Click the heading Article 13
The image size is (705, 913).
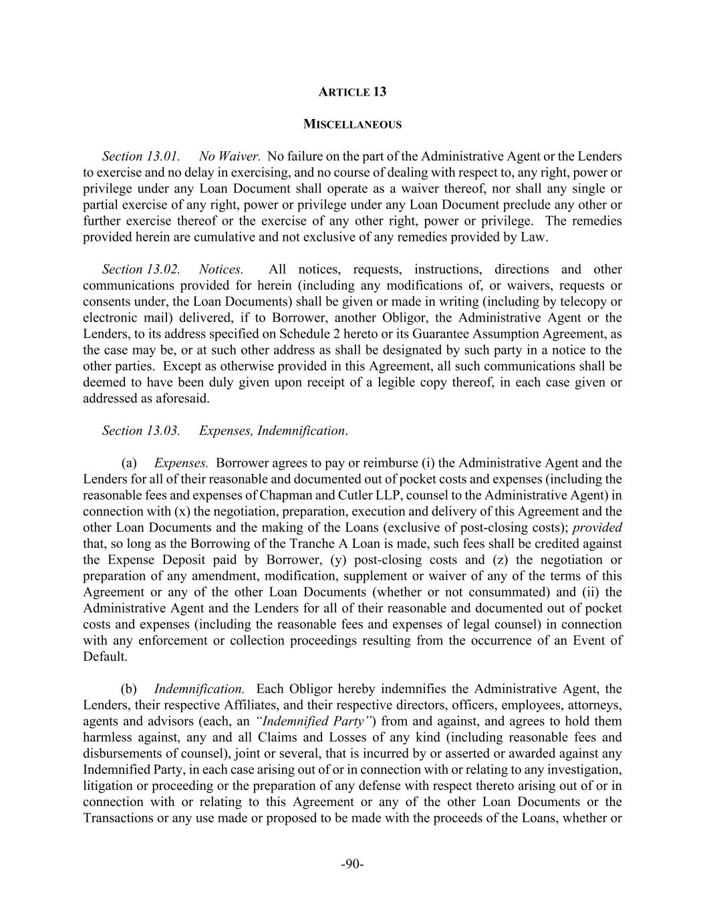[352, 92]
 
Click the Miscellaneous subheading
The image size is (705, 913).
[352, 124]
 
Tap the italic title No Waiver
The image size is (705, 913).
[229, 157]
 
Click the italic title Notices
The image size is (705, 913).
[221, 270]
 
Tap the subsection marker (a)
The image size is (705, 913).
[129, 463]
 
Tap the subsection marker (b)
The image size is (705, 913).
[129, 689]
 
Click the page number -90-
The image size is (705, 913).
[352, 864]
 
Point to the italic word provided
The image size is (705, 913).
[597, 528]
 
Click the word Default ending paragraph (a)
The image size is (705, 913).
[104, 657]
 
